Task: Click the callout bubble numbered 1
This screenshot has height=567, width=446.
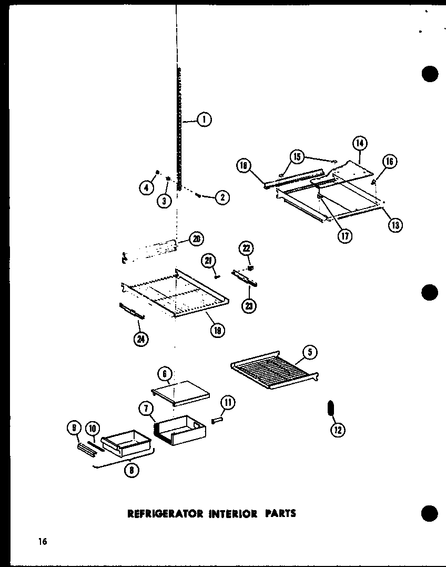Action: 204,120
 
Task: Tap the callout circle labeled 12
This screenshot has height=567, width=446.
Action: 337,430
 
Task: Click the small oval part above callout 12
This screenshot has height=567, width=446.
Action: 331,408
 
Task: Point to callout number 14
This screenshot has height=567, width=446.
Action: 360,143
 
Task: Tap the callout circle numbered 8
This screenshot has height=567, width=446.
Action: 131,471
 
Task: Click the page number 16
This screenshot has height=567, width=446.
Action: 41,541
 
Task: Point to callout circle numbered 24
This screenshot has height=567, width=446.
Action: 140,340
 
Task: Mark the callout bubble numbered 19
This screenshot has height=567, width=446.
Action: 217,331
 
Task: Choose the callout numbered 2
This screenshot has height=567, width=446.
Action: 222,197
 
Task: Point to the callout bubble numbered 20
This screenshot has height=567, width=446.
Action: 196,238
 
